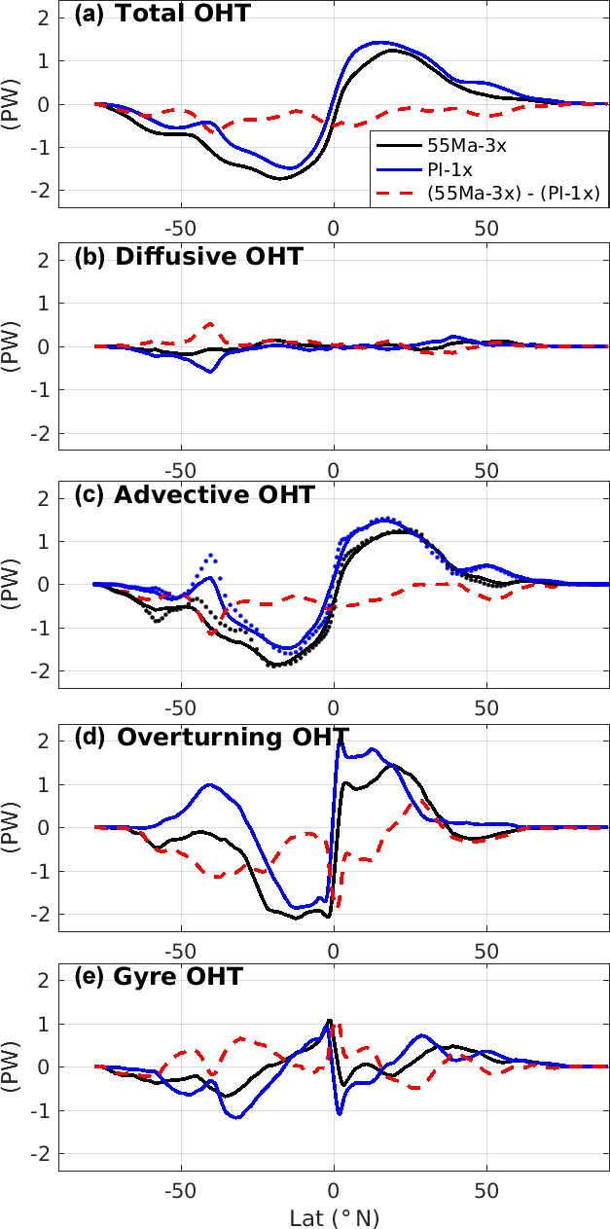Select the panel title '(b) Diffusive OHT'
(x=189, y=257)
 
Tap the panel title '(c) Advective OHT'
(x=195, y=494)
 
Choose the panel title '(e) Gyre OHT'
(x=158, y=976)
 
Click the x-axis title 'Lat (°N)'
(x=334, y=1217)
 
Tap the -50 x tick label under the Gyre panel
(x=180, y=1191)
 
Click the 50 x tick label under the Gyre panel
(x=486, y=1191)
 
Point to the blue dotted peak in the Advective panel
(x=210, y=555)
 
